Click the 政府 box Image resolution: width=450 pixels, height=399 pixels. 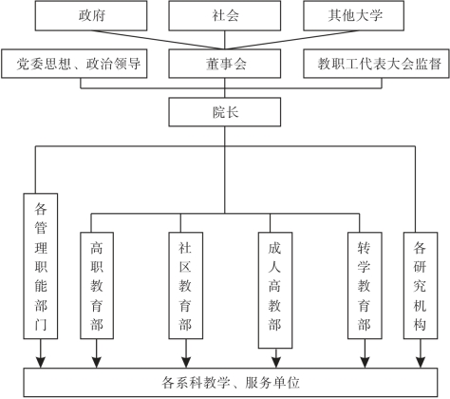(91, 16)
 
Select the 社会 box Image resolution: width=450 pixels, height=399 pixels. (225, 16)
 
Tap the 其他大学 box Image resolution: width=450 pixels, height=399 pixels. (353, 16)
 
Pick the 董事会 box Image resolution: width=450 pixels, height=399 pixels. (225, 64)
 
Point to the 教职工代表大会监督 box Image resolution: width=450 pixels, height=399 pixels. (376, 64)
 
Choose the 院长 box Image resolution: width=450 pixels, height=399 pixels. (225, 112)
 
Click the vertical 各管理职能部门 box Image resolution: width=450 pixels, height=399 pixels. (41, 266)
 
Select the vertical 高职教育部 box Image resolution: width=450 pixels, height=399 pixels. (97, 286)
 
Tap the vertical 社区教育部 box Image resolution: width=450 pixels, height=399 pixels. (186, 286)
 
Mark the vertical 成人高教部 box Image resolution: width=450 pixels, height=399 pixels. (275, 291)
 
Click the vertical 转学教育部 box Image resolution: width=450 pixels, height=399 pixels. (365, 286)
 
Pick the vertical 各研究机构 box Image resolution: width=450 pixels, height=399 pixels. (421, 286)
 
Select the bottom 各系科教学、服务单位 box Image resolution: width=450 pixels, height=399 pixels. (231, 383)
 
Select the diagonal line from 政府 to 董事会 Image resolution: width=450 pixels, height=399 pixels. (158, 40)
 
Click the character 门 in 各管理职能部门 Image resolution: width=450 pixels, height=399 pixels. (41, 325)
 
